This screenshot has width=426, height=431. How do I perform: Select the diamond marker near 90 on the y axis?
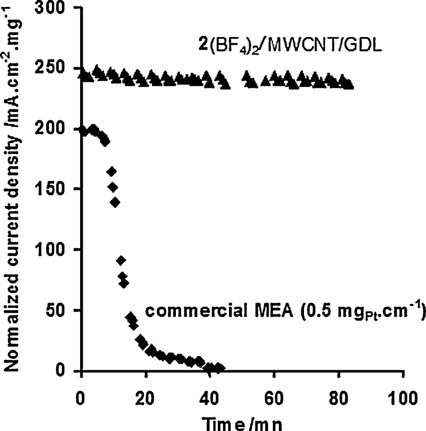(121, 260)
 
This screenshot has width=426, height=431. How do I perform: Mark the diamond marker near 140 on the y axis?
(115, 203)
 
